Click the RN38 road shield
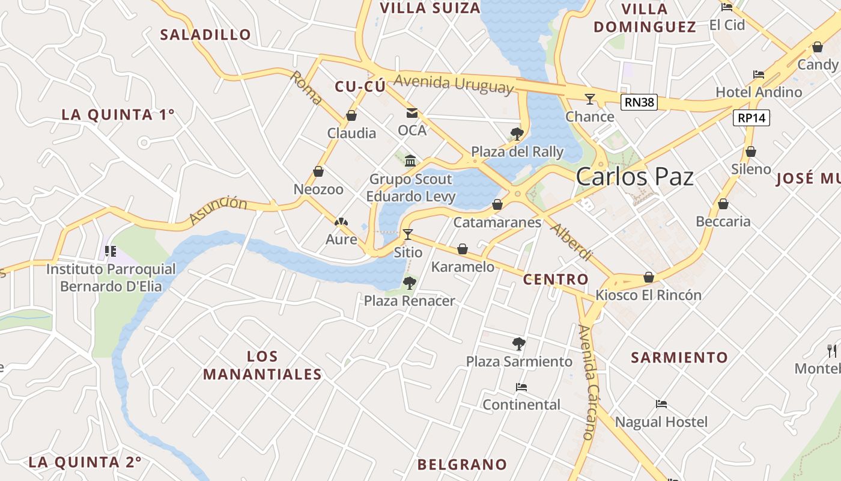[639, 102]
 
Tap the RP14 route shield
[751, 118]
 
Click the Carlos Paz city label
[634, 177]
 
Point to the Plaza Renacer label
[410, 301]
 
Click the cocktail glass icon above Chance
[590, 99]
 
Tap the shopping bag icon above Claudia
[351, 115]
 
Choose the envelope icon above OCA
[412, 112]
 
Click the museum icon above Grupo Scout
[410, 161]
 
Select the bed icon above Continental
[521, 387]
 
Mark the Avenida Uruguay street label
[455, 84]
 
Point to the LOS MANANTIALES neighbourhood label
[263, 365]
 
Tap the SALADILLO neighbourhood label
[205, 35]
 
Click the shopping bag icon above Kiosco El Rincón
[649, 277]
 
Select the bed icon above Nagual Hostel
[661, 405]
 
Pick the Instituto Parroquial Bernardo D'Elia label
[111, 277]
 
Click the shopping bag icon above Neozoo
[318, 172]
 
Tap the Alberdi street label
[571, 242]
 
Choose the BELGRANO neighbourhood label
[462, 464]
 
